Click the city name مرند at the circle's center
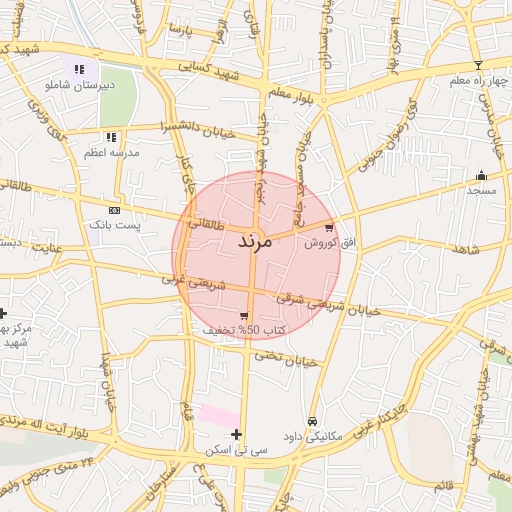coord(256,242)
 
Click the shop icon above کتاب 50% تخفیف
coord(244,315)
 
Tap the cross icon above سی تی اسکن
coord(236,434)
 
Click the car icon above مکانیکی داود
coord(314,421)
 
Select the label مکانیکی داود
coord(314,437)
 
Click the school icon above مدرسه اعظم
coord(111,136)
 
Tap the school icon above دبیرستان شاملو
coord(79,69)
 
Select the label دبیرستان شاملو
coord(75,86)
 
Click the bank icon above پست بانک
coord(114,210)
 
